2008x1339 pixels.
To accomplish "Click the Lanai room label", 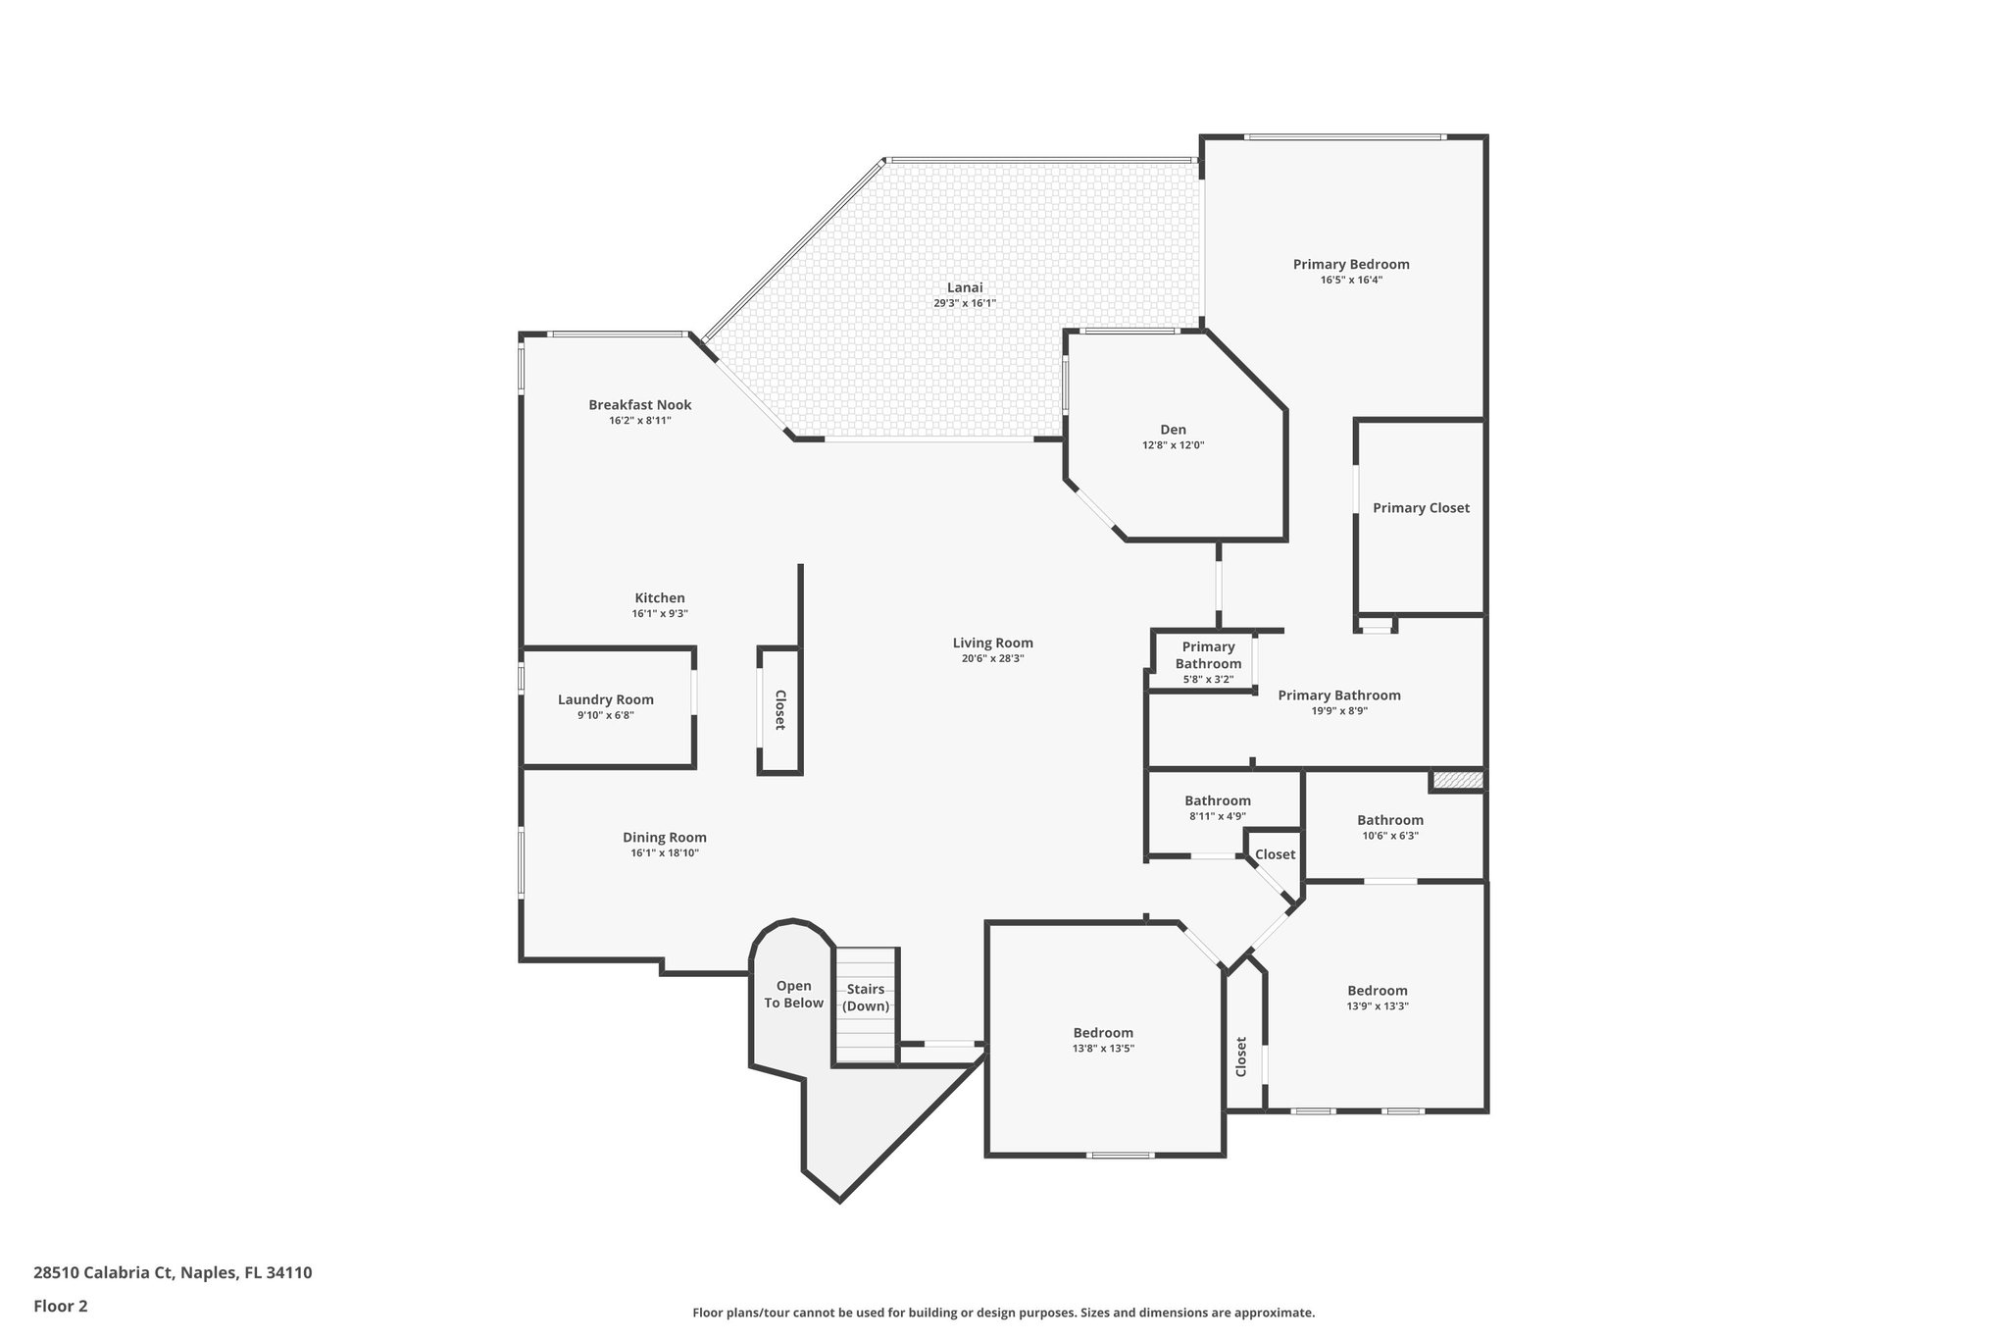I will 964,287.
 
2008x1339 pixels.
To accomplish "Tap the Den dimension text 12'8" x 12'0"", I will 1173,445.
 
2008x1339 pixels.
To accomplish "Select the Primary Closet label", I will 1420,508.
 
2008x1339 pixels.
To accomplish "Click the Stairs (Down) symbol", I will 865,999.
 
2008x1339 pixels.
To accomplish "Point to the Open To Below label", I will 793,994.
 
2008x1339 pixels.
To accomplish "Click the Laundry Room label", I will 605,699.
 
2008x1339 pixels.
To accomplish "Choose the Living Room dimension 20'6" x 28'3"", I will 992,659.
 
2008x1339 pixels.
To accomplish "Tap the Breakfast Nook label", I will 639,404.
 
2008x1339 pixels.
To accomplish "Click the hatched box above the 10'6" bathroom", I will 1456,780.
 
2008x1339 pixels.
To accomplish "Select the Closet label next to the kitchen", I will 780,710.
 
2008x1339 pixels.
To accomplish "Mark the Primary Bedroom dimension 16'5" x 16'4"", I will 1350,280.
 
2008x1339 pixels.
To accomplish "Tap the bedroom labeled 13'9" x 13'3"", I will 1377,991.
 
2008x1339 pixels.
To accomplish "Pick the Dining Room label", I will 664,837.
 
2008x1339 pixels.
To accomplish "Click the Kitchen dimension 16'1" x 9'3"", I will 659,614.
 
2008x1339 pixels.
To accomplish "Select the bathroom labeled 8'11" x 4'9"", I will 1217,800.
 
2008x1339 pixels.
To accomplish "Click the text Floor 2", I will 61,1306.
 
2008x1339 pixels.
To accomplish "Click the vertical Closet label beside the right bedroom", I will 1241,1056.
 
